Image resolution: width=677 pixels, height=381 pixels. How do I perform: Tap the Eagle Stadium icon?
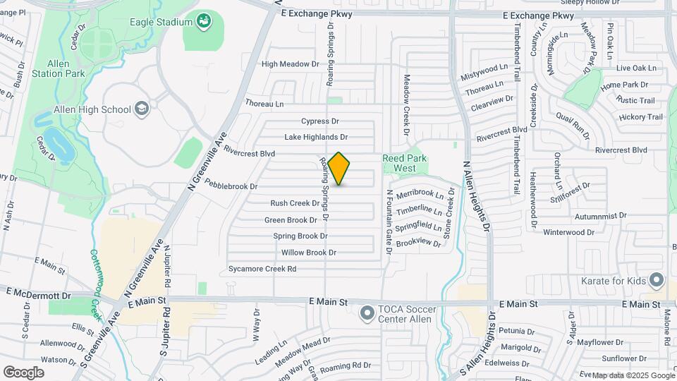click(204, 22)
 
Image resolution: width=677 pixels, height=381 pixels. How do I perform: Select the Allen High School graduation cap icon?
click(142, 109)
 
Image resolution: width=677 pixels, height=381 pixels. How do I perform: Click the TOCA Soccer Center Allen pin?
click(367, 313)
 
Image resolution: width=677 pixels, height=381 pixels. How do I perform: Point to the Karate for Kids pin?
click(657, 281)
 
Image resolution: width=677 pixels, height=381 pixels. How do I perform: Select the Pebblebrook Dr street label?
click(231, 186)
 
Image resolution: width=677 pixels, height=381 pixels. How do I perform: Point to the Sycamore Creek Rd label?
click(262, 269)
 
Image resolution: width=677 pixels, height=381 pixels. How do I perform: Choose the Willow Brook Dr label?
click(308, 253)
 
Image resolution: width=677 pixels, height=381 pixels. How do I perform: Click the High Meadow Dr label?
click(290, 64)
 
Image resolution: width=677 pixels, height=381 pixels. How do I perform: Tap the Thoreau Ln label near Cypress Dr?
click(264, 104)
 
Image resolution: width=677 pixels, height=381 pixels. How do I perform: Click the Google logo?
click(23, 372)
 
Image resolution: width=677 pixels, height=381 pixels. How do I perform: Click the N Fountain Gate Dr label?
click(389, 222)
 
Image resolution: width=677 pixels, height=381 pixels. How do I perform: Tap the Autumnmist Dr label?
click(580, 216)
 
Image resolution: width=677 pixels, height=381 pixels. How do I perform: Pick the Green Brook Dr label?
click(291, 220)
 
